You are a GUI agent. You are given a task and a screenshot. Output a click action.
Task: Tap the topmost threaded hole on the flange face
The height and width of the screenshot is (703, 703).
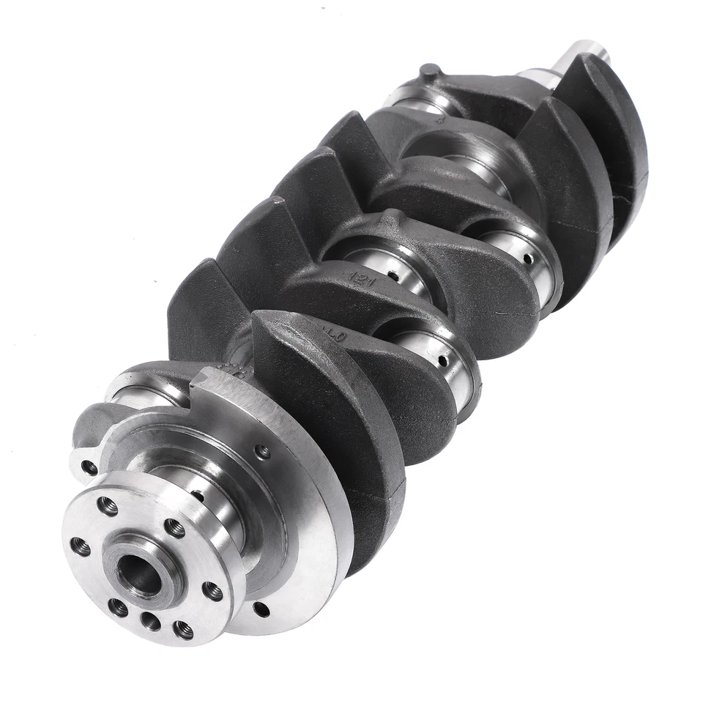click(108, 505)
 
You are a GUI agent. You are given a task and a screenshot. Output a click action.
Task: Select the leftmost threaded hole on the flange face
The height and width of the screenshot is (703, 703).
click(81, 546)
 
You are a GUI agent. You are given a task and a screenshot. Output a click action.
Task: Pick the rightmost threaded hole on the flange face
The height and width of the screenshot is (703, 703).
click(212, 590)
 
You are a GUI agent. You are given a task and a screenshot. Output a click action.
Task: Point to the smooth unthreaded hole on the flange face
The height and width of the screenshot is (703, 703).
click(150, 621)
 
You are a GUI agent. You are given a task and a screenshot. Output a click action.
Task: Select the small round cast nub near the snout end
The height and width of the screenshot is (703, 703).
click(430, 72)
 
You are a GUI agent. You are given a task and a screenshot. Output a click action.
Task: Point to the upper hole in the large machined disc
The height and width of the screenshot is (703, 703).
click(261, 452)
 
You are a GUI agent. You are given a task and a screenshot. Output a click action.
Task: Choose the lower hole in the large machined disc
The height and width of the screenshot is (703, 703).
click(260, 608)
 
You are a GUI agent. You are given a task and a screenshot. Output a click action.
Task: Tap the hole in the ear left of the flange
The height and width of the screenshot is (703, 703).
click(89, 466)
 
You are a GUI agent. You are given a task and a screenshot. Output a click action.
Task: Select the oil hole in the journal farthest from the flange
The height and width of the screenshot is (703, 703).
click(526, 258)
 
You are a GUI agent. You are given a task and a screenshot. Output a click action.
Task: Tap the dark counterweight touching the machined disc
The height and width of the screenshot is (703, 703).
click(344, 439)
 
